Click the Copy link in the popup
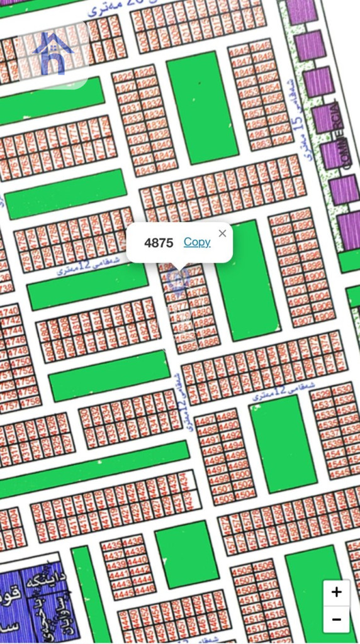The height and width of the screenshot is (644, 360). click(197, 242)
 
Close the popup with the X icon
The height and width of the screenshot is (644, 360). click(222, 233)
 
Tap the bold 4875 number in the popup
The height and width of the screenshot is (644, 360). click(159, 243)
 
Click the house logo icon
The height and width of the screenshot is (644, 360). click(53, 53)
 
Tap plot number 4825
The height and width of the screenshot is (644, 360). click(123, 77)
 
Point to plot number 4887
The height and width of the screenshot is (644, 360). click(279, 219)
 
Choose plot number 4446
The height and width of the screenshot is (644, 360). click(145, 589)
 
